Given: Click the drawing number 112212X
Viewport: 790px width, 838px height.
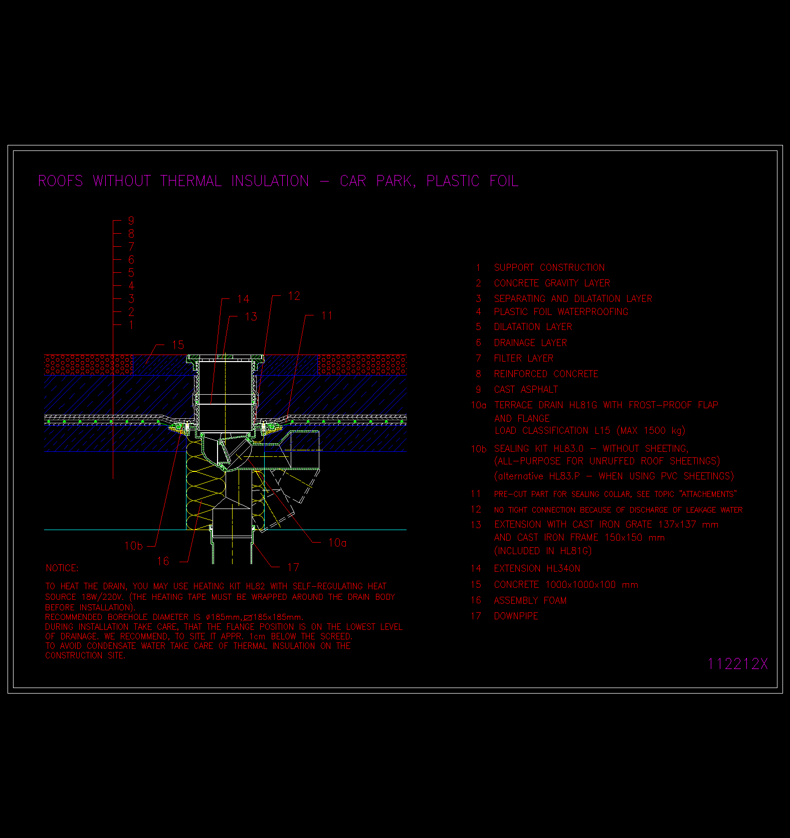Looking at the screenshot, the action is click(737, 663).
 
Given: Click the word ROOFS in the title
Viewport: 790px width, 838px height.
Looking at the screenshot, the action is click(61, 181).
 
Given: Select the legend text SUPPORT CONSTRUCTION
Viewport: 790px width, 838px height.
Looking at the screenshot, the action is click(549, 267).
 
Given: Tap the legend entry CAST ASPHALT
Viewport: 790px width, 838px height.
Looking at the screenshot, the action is click(526, 390).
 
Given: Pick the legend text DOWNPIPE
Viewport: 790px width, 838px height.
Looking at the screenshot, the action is click(516, 616).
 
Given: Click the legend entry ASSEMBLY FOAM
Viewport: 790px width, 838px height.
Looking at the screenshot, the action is click(530, 600).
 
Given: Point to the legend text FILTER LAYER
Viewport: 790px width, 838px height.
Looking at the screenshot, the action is click(524, 358).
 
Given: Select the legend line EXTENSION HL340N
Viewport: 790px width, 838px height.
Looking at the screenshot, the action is click(537, 568).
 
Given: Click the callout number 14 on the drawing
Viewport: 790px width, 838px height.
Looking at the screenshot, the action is click(243, 299).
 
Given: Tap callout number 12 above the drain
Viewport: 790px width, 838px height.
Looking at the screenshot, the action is click(294, 296).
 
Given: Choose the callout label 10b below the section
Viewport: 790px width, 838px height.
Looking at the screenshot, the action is click(133, 546).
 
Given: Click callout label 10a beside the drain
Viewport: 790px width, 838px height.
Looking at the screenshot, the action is click(337, 543).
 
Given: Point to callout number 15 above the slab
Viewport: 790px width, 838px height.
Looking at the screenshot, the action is click(178, 345).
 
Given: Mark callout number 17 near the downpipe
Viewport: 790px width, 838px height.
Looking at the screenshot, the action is click(293, 567).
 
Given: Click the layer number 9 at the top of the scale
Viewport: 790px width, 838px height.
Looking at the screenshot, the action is click(131, 221).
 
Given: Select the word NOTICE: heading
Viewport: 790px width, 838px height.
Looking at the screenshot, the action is click(62, 568).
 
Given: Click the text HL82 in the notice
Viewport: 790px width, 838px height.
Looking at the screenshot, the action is click(256, 586).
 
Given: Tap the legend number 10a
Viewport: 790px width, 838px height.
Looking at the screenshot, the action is click(478, 405).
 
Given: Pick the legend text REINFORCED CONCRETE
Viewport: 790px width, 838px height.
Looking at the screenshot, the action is click(546, 374).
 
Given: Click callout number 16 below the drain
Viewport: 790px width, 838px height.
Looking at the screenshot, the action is click(163, 561).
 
